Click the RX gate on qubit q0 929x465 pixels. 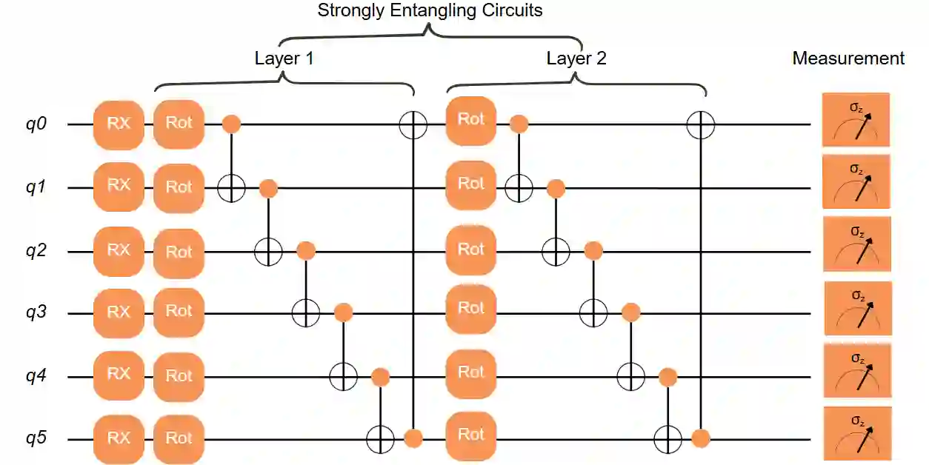tap(119, 124)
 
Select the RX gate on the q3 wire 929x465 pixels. tap(119, 312)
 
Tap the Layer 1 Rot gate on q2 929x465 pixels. tap(179, 252)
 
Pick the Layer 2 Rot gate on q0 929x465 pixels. tap(471, 121)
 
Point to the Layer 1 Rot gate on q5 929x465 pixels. tap(179, 438)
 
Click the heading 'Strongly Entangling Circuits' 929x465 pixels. tap(430, 10)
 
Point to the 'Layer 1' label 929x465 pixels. tap(284, 58)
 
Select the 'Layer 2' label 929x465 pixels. tap(576, 58)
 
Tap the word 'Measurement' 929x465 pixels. tap(848, 58)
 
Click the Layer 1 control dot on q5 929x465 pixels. tap(413, 438)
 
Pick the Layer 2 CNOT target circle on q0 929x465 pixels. tap(699, 124)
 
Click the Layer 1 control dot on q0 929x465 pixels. tap(232, 124)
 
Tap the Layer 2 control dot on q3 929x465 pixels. tap(630, 312)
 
